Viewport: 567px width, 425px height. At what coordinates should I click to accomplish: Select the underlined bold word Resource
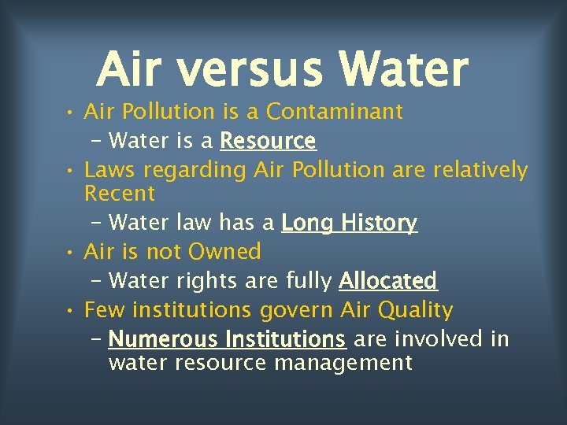[x=268, y=141]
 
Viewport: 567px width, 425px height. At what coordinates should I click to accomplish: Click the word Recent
[x=120, y=193]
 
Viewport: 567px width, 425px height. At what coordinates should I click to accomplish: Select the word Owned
[x=224, y=252]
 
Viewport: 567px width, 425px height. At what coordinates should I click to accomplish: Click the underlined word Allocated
[x=387, y=281]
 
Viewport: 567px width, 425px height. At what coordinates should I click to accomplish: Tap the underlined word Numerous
[x=163, y=339]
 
